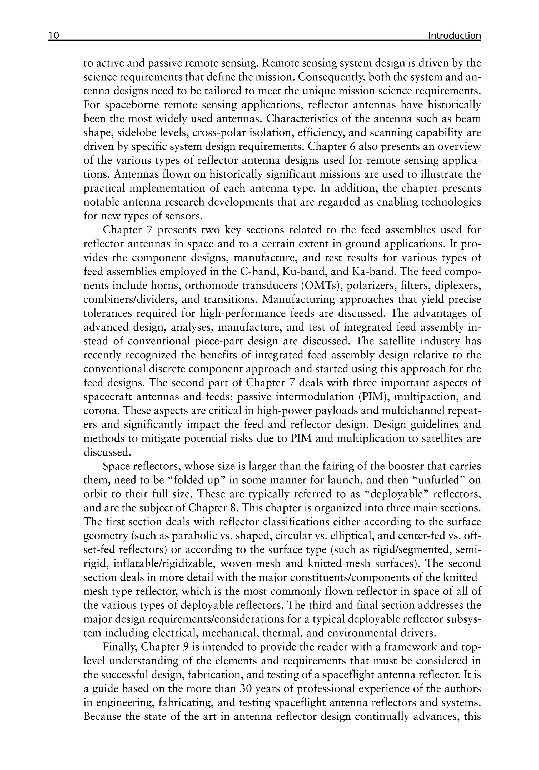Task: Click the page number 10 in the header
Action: click(x=54, y=36)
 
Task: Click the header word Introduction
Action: click(x=454, y=36)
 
